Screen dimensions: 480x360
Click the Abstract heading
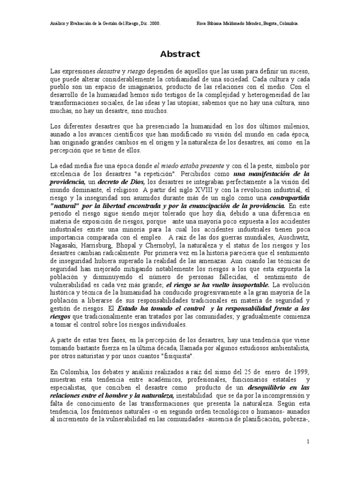(x=180, y=54)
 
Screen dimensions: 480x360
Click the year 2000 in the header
(x=155, y=23)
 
